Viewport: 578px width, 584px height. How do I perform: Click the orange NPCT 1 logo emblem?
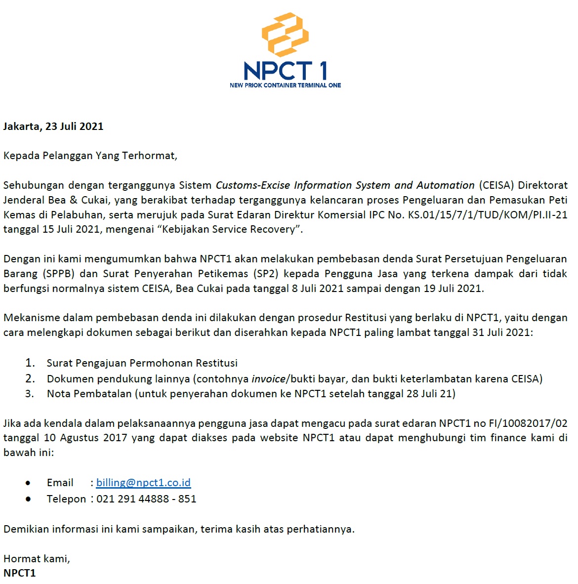(285, 35)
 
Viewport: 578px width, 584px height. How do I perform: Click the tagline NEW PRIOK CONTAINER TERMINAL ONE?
(285, 85)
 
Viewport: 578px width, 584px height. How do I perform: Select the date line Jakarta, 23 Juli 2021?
(53, 126)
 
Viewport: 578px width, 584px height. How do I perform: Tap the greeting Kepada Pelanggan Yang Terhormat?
(90, 156)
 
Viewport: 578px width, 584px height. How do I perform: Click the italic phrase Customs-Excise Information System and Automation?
(345, 185)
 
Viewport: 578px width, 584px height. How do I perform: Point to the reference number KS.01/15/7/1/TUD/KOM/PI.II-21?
(487, 215)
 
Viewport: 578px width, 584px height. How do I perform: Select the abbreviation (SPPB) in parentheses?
(58, 274)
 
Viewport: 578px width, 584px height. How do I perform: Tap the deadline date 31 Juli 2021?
(501, 333)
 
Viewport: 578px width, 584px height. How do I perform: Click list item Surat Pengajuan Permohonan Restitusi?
(142, 363)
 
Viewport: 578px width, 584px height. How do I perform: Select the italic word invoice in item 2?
(268, 379)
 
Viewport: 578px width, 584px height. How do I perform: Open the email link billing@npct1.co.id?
(143, 483)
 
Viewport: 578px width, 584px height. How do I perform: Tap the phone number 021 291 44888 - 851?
(146, 499)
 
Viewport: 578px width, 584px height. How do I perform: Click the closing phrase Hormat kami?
(37, 559)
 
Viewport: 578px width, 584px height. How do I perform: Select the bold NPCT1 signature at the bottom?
(20, 573)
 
